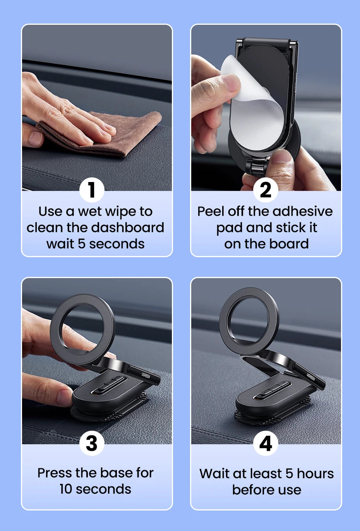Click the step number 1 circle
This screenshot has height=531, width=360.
coord(92,190)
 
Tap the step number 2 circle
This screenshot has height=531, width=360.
coord(266,190)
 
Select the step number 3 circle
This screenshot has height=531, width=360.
coord(92,443)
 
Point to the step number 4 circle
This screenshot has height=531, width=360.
coord(266,443)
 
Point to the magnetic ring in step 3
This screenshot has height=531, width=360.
coord(82,329)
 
